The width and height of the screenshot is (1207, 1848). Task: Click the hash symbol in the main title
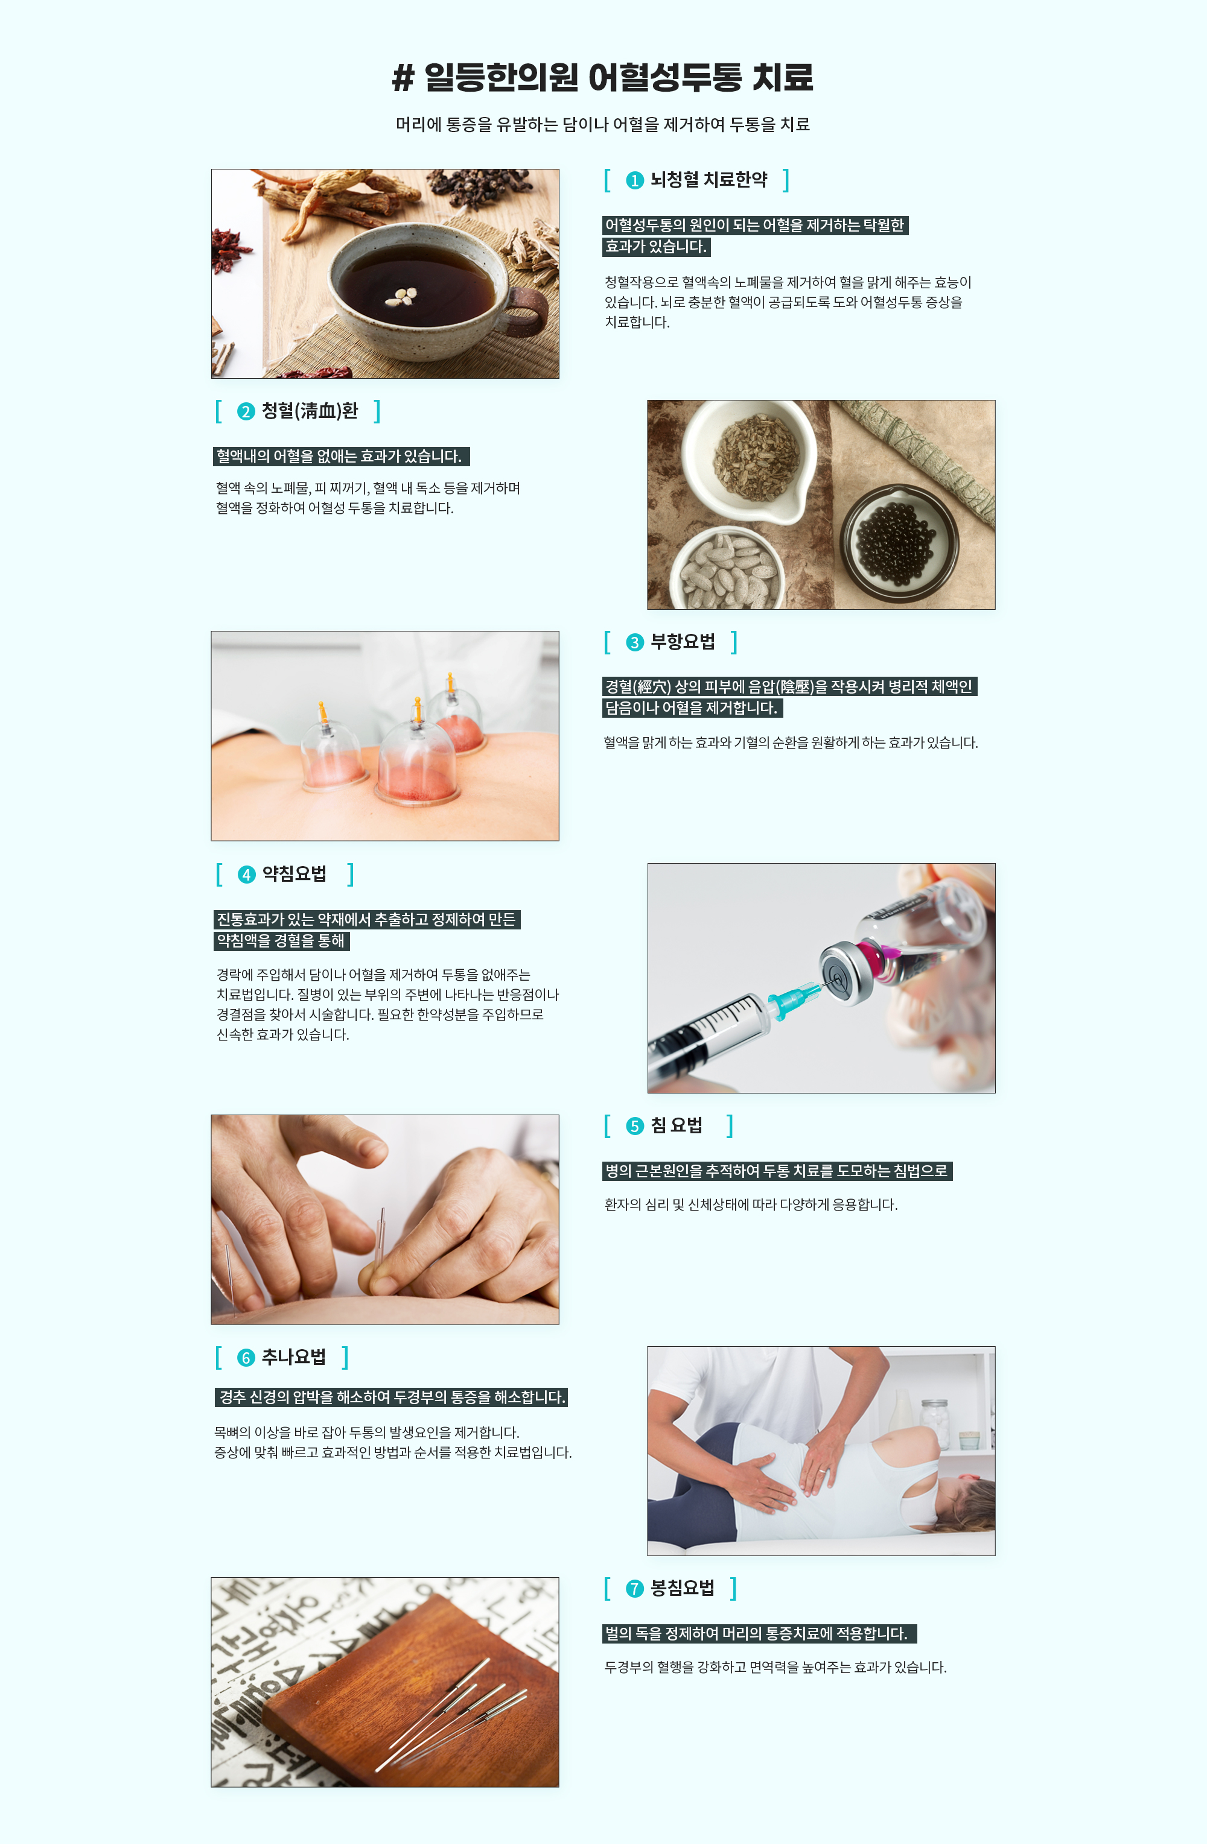403,78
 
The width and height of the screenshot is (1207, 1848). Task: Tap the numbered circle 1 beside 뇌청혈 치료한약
634,180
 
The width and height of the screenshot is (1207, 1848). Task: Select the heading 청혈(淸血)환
309,411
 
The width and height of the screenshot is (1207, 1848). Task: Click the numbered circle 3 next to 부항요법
634,642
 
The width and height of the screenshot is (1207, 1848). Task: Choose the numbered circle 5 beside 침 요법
634,1126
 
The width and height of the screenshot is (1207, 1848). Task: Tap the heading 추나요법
293,1356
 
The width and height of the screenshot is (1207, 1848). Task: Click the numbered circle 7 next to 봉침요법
634,1589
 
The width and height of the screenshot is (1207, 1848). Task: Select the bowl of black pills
899,544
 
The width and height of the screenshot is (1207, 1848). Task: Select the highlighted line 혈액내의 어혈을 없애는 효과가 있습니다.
341,457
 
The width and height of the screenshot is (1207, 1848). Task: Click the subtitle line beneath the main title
603,124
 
